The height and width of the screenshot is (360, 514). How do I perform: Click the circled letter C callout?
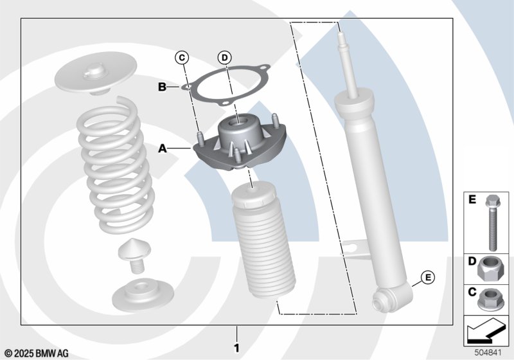(182, 58)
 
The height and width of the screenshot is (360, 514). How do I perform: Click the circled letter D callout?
(224, 58)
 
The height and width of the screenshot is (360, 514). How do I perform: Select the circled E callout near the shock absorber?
(426, 278)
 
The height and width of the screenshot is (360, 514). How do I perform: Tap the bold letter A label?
(163, 148)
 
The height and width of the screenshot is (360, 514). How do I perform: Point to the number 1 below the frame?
(236, 348)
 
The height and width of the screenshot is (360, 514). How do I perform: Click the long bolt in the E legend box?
(492, 222)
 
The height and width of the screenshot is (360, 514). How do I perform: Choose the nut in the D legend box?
(493, 268)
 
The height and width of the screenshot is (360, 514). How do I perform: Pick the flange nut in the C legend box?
(493, 298)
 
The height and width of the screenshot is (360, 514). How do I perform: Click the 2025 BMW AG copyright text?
(37, 353)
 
